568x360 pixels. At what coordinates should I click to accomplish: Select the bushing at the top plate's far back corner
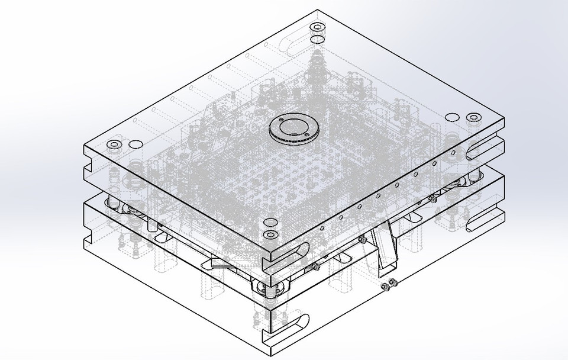coord(317,27)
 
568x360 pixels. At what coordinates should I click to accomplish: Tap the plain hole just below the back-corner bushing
coord(317,39)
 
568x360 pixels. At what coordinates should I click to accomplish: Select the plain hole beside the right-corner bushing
coord(451,117)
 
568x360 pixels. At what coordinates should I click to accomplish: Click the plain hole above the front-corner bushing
coord(270,223)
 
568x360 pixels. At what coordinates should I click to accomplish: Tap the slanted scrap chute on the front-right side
coord(385,245)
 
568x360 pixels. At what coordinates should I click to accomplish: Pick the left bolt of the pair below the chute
coord(385,287)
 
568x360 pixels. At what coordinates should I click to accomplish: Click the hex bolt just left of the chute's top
coord(360,239)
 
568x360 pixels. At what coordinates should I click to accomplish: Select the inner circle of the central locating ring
coord(293,127)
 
